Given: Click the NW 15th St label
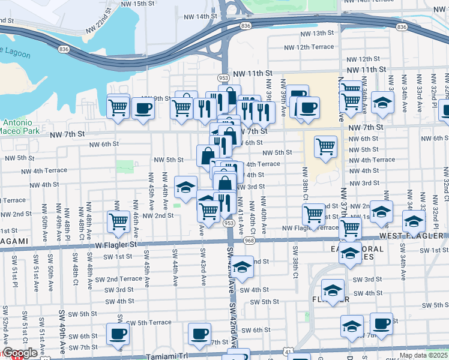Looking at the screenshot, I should click(x=138, y=4).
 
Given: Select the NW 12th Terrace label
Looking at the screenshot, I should click(x=309, y=47).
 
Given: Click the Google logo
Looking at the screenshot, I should click(x=20, y=353).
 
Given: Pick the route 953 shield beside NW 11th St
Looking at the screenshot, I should click(x=223, y=78).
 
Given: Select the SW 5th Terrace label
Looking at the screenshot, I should click(x=149, y=323).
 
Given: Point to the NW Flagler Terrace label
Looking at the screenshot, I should click(x=310, y=228).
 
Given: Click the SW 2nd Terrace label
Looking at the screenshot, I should click(x=123, y=279).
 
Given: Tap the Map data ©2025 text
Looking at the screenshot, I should click(x=423, y=355).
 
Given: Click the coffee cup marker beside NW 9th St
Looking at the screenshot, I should click(x=143, y=109).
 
